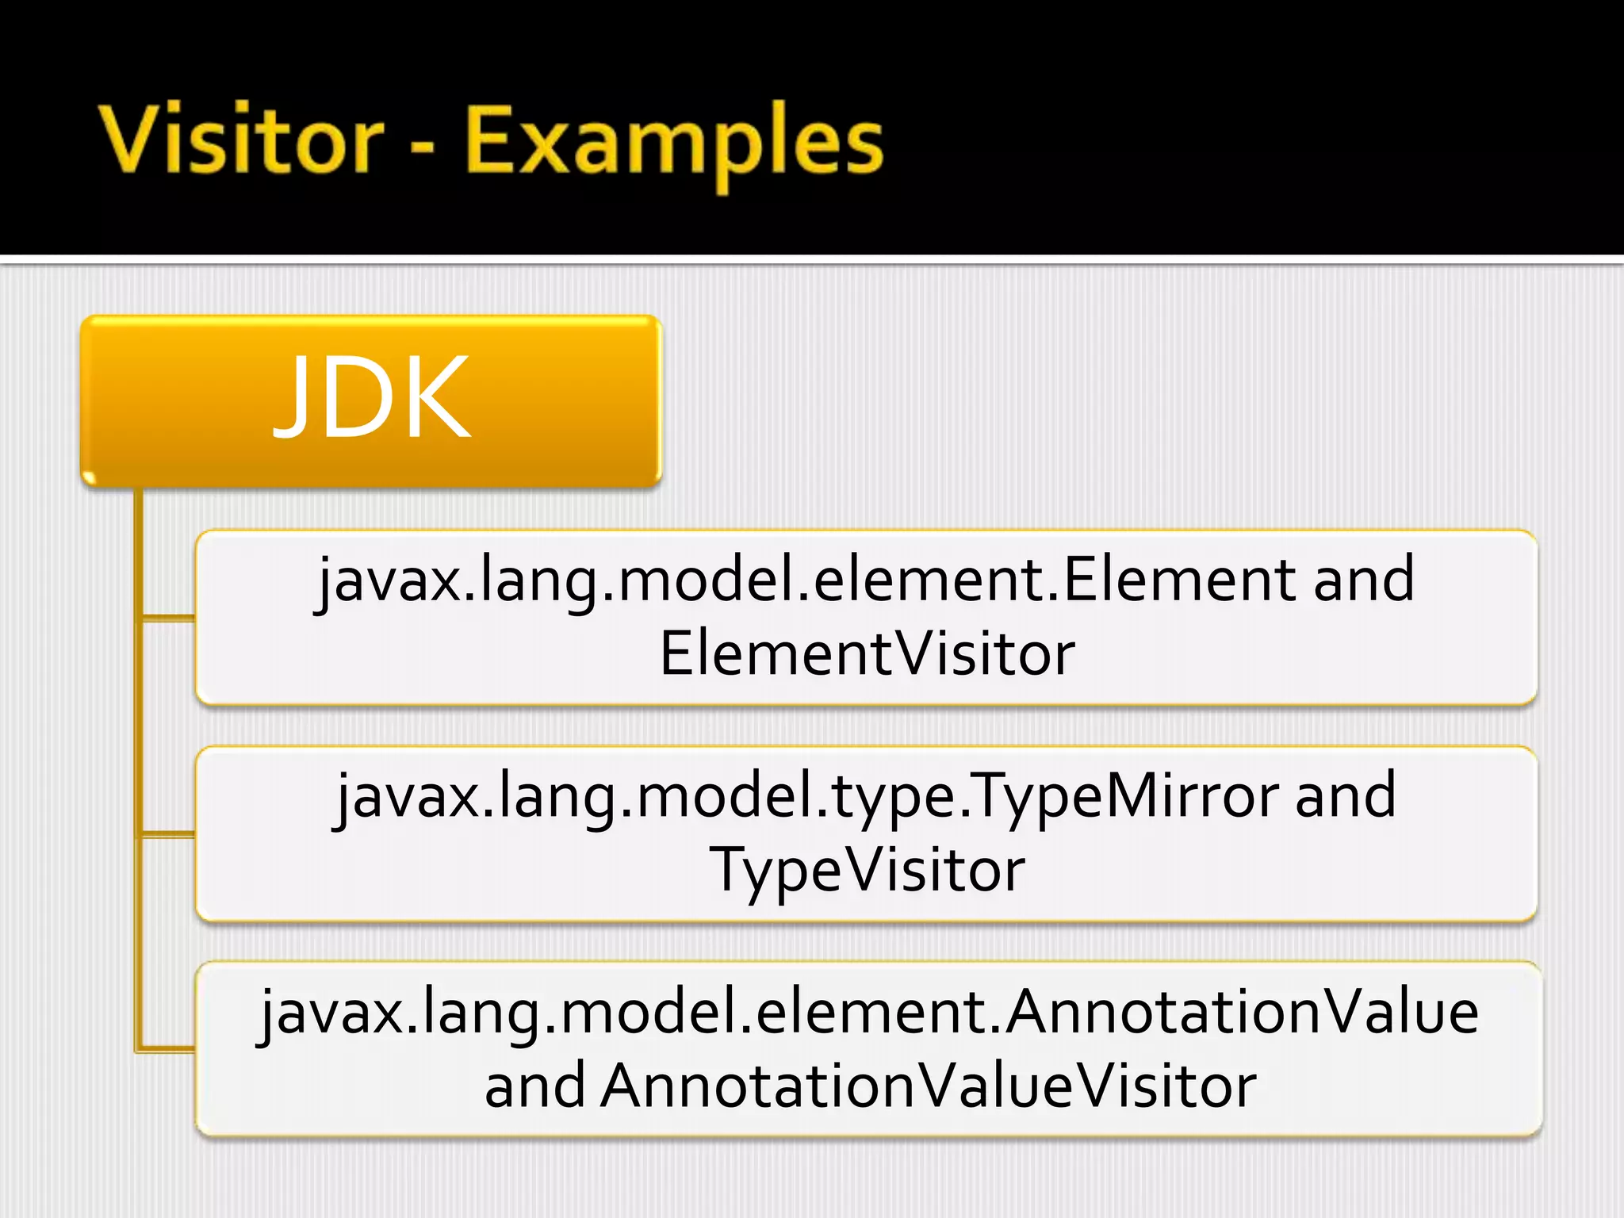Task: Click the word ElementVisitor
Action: click(867, 653)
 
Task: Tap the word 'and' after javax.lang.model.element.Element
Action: click(1364, 580)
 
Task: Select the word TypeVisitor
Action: click(867, 870)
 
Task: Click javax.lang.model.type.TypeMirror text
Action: click(806, 796)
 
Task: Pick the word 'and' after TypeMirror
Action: click(1346, 796)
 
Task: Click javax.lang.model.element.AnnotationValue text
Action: click(869, 1013)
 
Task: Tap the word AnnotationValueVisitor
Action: click(928, 1086)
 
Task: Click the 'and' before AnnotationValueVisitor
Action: click(534, 1086)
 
